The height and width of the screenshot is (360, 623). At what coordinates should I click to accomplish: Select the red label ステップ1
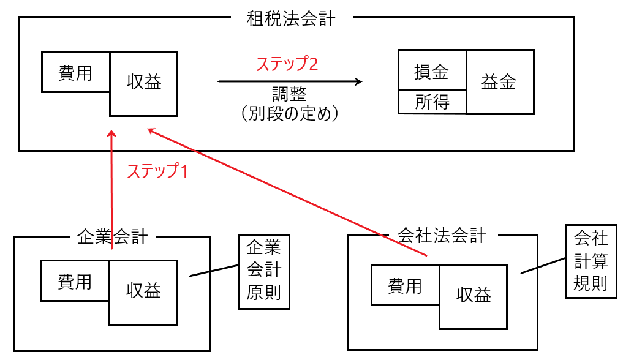pos(157,171)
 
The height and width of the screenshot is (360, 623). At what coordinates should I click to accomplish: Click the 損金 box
pos(432,71)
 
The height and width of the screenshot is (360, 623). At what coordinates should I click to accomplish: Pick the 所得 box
pos(432,102)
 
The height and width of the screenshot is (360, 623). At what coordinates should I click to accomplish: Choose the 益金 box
pos(498,82)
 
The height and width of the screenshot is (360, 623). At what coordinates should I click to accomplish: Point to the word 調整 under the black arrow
pos(289,94)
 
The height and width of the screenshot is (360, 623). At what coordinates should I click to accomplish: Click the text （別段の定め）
pos(289,114)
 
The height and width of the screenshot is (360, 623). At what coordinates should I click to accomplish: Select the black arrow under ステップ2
pos(289,81)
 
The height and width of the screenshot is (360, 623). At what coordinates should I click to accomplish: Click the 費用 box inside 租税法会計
pos(75,72)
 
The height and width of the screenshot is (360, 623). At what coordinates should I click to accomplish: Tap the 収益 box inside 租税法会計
pos(144,83)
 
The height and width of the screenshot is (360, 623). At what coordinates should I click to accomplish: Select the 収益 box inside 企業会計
pos(144,291)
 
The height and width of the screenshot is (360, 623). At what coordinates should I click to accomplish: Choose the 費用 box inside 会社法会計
pos(405,285)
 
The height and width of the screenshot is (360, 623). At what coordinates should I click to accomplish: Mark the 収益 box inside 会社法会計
pos(474,296)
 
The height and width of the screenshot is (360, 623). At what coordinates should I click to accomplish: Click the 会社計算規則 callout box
pos(591,260)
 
